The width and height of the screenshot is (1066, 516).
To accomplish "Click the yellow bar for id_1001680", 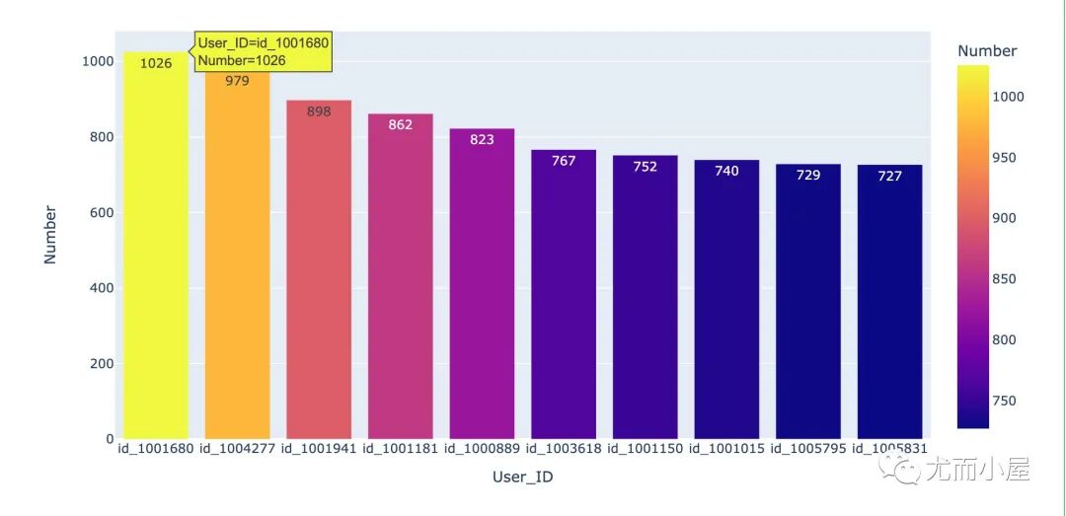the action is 156,246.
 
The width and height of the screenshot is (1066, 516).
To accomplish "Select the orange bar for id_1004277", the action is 237,255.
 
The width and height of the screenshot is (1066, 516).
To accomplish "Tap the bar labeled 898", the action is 319,270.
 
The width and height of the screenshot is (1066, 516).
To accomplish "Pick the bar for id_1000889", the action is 482,283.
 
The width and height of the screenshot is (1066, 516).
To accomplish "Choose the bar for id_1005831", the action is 890,302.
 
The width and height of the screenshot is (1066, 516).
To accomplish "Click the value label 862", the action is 401,125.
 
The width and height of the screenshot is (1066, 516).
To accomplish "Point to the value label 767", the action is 564,161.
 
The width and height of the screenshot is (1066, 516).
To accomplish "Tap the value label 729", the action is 808,176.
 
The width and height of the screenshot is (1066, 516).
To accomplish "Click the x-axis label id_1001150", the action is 646,449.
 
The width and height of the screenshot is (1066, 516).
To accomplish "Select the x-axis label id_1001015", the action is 726,449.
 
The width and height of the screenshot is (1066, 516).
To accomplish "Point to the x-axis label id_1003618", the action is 564,449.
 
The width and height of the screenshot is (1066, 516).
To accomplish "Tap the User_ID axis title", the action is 523,478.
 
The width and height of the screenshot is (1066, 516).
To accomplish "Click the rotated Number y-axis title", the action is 49,235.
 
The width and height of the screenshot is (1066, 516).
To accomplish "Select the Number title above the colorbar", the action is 987,51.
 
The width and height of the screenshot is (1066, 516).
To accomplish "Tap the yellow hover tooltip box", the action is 264,51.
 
